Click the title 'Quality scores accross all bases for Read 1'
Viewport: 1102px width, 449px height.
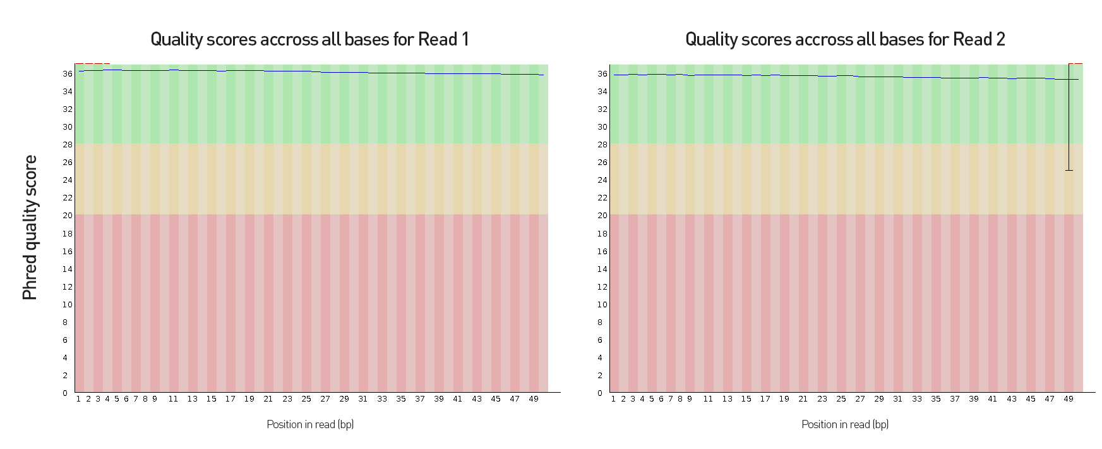click(309, 39)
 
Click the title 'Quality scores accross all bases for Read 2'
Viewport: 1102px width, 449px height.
click(845, 39)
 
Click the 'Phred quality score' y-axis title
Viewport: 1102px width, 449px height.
click(30, 228)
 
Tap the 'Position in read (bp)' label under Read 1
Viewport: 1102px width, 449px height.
click(310, 424)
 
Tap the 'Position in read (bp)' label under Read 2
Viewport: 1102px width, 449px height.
click(845, 424)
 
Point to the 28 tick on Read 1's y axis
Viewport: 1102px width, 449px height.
click(67, 145)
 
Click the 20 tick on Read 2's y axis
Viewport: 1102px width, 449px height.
click(602, 216)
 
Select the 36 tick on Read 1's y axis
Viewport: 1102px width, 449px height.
click(67, 74)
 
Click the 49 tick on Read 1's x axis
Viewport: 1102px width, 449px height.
click(534, 399)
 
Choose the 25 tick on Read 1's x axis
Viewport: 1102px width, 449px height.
click(306, 399)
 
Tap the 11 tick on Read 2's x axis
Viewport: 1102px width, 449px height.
click(708, 399)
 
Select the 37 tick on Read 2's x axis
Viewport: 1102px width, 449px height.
click(955, 399)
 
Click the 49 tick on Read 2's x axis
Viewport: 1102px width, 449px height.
click(1069, 399)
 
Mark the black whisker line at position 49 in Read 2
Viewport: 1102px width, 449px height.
click(1069, 120)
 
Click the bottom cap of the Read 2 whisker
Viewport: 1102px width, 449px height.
click(1069, 170)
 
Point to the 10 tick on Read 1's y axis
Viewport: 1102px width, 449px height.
click(67, 305)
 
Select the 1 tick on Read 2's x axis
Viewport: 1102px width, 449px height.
click(613, 399)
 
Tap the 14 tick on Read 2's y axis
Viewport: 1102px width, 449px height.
click(602, 269)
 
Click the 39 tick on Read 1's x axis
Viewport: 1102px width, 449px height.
click(439, 399)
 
